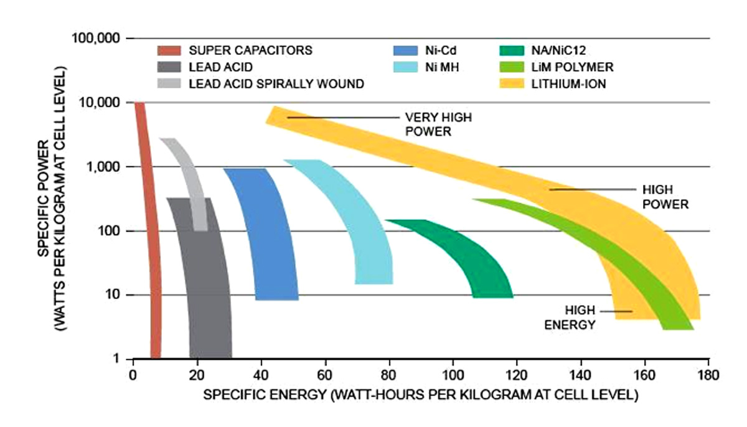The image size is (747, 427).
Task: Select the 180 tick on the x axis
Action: pyautogui.click(x=708, y=375)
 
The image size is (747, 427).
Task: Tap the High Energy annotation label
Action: pyautogui.click(x=571, y=317)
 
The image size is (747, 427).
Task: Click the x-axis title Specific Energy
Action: pyautogui.click(x=421, y=395)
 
